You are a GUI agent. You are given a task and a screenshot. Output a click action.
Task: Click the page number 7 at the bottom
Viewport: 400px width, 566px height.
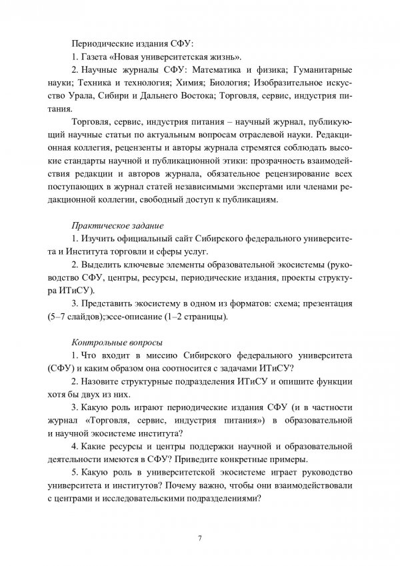(200, 538)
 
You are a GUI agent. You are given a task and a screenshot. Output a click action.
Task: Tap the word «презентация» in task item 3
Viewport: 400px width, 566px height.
(328, 304)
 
